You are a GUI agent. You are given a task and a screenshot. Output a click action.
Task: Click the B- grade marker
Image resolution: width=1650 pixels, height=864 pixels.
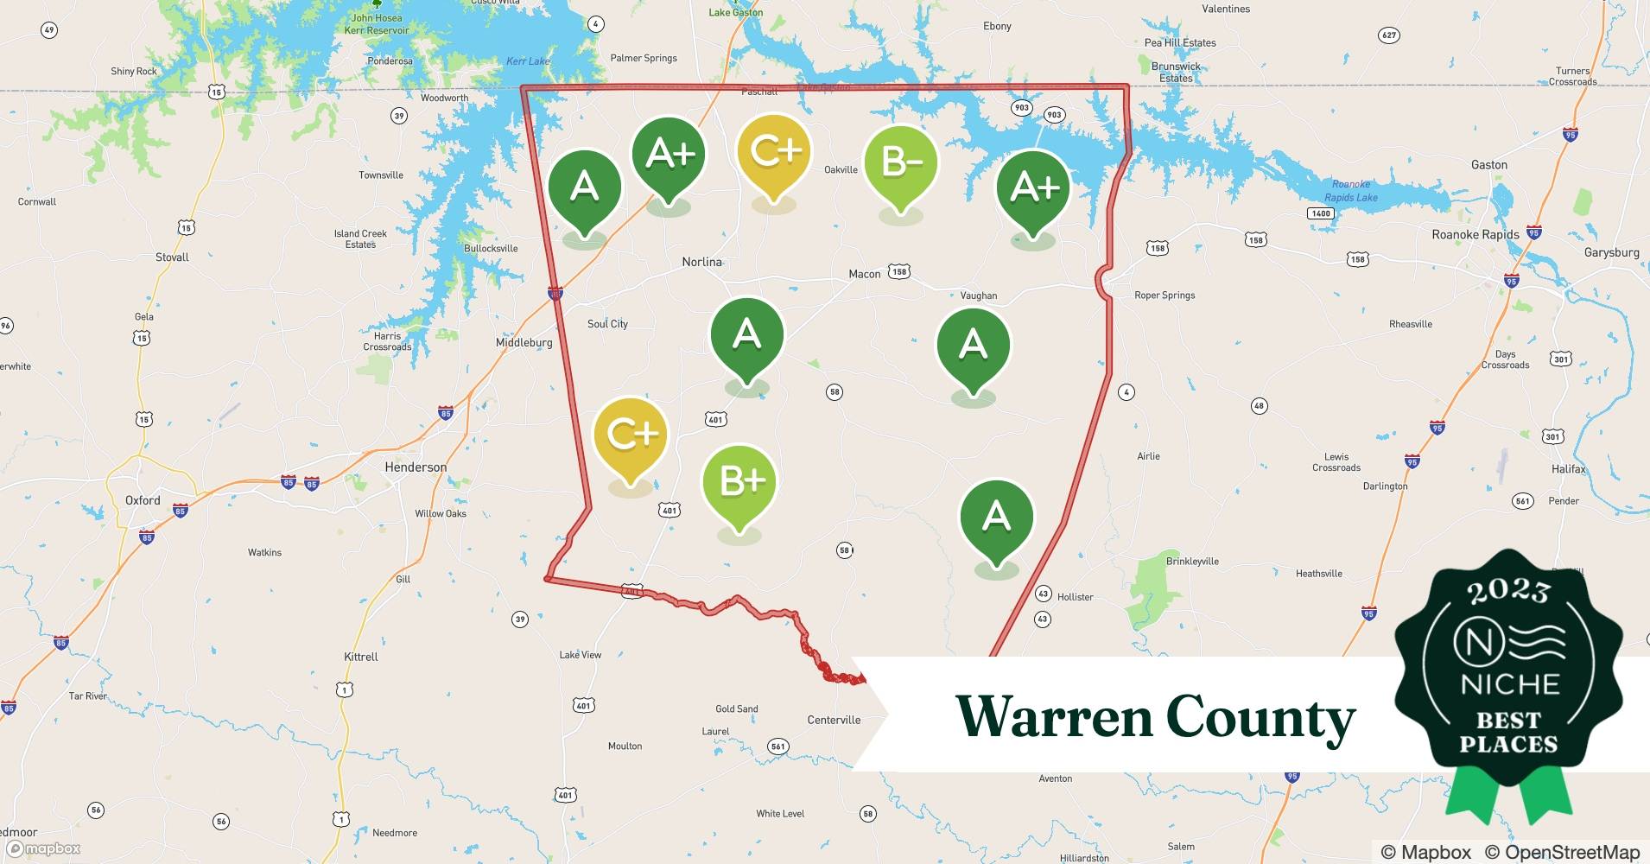click(900, 162)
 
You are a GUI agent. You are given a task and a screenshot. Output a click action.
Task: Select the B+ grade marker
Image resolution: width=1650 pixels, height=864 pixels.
click(739, 482)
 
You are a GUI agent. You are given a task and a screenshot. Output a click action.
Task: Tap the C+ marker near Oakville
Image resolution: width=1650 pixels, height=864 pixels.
click(774, 152)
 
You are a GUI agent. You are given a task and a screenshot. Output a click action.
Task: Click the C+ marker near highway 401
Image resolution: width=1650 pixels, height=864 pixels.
click(631, 435)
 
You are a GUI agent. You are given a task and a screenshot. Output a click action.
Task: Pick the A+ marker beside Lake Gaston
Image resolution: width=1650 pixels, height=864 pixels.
click(1033, 187)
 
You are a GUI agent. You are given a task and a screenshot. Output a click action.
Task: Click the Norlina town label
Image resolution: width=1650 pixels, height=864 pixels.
click(701, 262)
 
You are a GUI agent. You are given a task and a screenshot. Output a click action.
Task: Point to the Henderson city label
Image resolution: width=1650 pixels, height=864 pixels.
click(416, 467)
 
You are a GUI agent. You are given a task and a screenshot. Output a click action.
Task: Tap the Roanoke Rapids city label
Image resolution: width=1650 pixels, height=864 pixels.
click(1475, 235)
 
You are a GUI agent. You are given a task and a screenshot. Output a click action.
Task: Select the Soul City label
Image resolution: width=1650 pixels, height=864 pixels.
click(607, 324)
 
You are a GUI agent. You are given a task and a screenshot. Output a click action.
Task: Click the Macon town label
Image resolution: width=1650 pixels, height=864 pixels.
click(864, 274)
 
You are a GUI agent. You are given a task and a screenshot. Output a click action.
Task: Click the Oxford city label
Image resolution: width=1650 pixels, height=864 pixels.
click(143, 500)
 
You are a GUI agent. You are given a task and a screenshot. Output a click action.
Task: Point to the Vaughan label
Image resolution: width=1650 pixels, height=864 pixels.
click(979, 295)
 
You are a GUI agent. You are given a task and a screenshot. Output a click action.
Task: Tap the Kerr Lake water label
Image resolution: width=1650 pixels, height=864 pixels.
click(528, 61)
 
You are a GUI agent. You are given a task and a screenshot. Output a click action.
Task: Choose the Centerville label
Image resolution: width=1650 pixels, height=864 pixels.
click(834, 720)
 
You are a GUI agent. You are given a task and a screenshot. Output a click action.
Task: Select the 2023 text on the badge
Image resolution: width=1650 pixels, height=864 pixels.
click(1508, 591)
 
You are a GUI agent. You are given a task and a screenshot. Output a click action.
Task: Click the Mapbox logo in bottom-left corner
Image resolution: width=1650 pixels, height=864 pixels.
click(43, 848)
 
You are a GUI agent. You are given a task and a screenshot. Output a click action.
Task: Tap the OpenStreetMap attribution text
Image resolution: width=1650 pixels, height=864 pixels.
click(1562, 852)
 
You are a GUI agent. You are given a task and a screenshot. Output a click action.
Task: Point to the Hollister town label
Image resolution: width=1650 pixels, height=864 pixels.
click(1075, 597)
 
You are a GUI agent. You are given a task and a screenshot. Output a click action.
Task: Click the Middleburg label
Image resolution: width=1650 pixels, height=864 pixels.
click(524, 343)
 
